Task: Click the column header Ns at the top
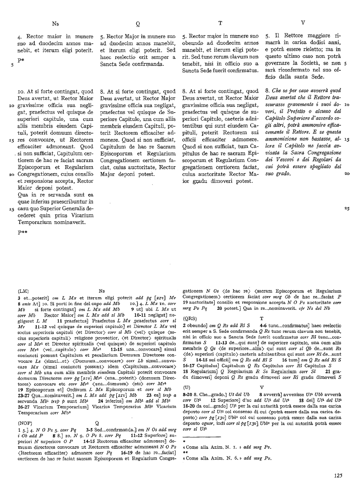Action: coord(55,23)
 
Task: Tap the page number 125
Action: coord(339,475)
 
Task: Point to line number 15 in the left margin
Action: coord(11,140)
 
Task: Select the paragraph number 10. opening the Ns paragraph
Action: coord(23,92)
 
